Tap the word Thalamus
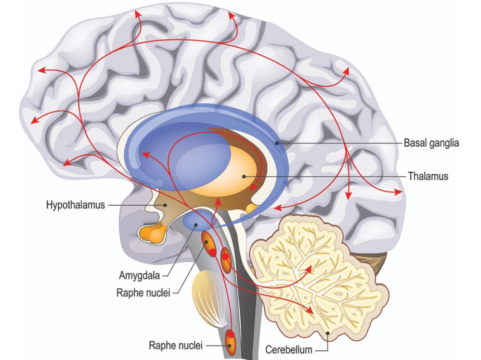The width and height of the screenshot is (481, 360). (428, 177)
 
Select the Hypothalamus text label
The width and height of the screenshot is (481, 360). (75, 205)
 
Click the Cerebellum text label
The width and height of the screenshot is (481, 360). (289, 350)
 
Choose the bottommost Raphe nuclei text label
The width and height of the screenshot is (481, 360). (176, 345)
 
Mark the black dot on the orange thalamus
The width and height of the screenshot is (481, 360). (245, 177)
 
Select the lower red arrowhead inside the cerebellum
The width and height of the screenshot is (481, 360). (311, 311)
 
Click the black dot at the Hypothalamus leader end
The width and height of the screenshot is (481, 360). (165, 205)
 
